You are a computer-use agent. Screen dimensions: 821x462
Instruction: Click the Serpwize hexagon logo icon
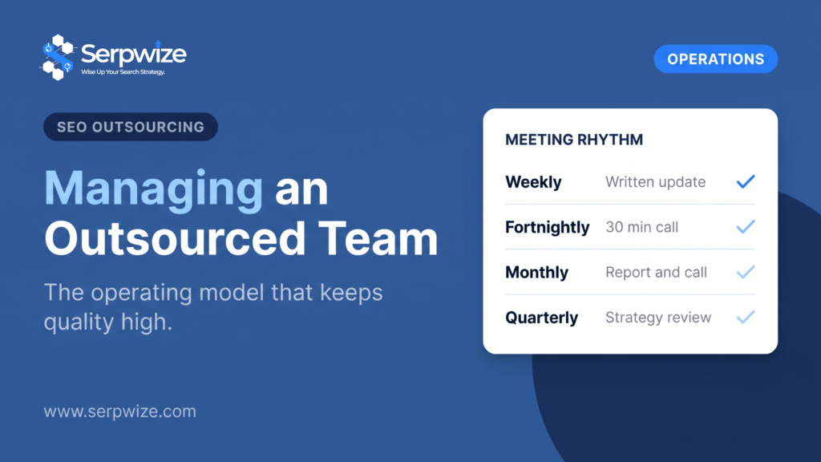(x=58, y=57)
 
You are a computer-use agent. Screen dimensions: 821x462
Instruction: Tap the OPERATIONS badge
(x=715, y=59)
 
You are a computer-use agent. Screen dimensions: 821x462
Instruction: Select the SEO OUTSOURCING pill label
(x=131, y=127)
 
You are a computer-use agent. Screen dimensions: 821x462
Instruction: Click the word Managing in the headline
(x=153, y=188)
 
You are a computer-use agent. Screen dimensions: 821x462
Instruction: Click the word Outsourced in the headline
(x=175, y=239)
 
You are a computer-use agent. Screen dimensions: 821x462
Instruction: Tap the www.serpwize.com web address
(x=120, y=411)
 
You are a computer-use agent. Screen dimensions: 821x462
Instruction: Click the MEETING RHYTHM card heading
(x=574, y=140)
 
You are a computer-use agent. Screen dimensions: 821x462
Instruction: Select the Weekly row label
(x=533, y=182)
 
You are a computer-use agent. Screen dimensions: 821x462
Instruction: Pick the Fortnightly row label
(x=547, y=227)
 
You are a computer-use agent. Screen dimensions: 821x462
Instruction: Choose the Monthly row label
(x=536, y=273)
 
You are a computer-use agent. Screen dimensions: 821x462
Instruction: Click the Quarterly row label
(x=541, y=318)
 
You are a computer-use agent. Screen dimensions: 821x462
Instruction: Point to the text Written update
(x=656, y=182)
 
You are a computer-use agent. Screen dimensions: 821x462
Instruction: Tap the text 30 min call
(x=642, y=227)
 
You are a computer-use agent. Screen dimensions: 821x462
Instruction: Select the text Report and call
(x=656, y=273)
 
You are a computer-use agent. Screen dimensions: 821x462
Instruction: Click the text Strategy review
(x=658, y=318)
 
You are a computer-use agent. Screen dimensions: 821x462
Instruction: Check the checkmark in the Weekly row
(x=746, y=182)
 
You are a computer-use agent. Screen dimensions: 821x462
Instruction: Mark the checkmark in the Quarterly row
(x=746, y=317)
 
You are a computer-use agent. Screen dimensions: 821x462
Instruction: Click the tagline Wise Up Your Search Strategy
(x=123, y=71)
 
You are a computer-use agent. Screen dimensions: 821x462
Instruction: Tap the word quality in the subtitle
(x=79, y=322)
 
